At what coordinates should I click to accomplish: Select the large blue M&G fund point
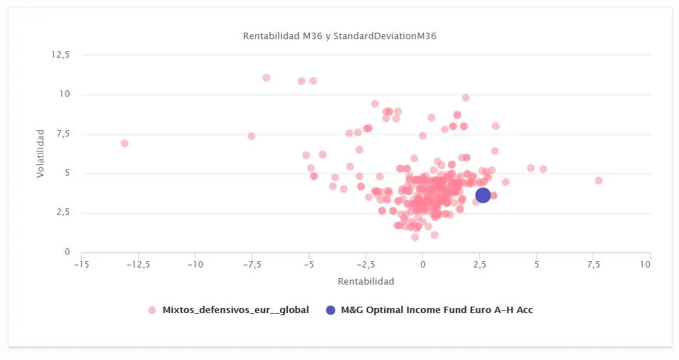483,194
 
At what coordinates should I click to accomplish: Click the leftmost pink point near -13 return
124,143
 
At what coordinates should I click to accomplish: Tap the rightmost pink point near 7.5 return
599,181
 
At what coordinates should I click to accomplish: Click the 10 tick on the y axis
65,94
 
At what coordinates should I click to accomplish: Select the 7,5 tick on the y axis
63,134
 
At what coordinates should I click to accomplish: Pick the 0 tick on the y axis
67,252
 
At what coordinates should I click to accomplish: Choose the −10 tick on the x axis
195,265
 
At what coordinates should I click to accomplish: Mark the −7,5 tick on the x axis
251,265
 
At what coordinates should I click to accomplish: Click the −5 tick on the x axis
309,265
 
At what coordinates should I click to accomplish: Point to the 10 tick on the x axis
645,265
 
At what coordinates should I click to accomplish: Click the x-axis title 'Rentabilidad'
365,282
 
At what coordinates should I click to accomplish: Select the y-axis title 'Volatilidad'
41,153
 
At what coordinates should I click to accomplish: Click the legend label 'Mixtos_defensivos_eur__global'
235,310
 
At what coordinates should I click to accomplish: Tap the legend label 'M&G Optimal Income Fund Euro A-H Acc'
437,310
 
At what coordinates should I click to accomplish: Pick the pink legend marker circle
151,310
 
